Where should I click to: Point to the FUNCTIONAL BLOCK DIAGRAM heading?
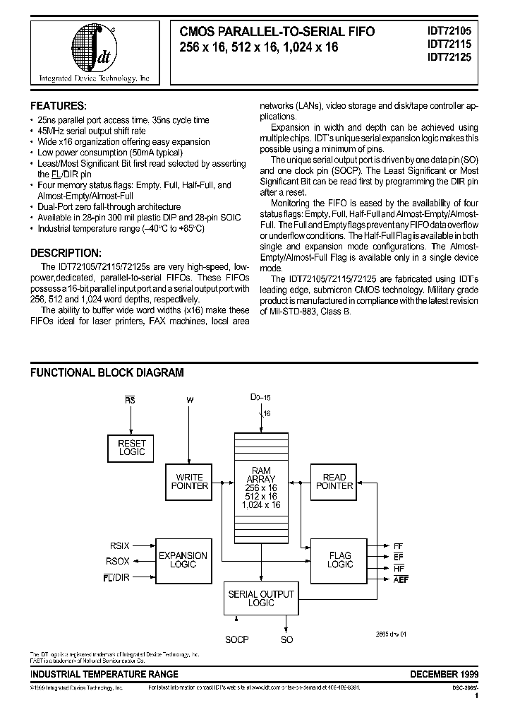tap(107, 372)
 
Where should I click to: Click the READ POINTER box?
tap(334, 481)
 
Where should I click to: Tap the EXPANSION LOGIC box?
tap(183, 560)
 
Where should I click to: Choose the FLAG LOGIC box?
tap(339, 560)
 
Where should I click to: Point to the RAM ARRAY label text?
tap(261, 475)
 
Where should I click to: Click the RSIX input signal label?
tap(119, 545)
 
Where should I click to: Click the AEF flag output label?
tap(401, 579)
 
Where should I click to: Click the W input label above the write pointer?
tap(189, 400)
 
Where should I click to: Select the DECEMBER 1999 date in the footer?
tap(445, 674)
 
